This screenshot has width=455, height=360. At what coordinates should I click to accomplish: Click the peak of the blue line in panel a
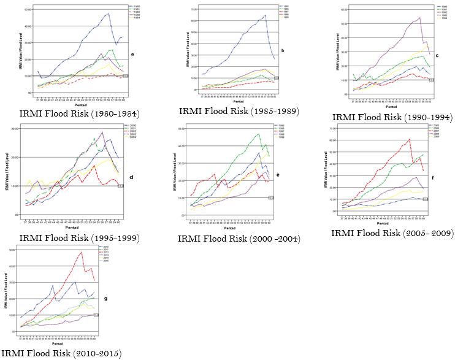[x=108, y=13]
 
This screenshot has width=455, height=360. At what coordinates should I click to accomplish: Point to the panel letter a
[x=132, y=55]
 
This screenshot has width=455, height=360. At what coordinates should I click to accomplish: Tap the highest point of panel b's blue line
[x=265, y=15]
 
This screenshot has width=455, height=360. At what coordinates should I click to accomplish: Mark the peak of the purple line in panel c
[x=419, y=18]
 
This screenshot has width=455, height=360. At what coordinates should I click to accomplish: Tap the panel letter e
[x=294, y=174]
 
